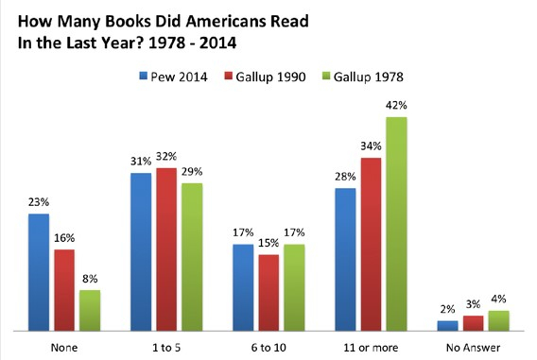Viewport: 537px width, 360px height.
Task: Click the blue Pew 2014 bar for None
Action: tap(39, 272)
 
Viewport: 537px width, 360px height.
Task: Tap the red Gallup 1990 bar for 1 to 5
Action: tap(166, 249)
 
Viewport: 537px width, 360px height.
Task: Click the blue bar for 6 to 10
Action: tap(243, 287)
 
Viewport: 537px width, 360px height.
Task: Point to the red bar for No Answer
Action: tap(474, 323)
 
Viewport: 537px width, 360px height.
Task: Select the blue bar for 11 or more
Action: tap(346, 259)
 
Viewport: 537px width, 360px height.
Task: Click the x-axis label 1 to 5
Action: tap(166, 346)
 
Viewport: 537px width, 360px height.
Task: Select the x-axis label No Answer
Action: tap(474, 346)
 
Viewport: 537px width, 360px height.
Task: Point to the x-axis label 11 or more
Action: tap(372, 346)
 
